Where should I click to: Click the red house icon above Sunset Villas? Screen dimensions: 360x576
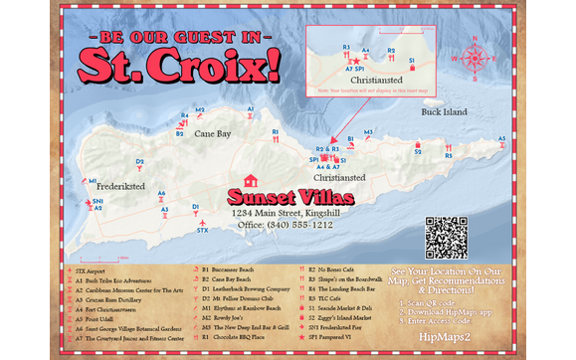tap(251, 181)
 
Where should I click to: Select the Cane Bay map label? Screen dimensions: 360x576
tap(212, 132)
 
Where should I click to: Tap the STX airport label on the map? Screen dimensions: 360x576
tap(202, 231)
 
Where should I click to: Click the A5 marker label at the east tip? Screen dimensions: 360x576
tap(501, 139)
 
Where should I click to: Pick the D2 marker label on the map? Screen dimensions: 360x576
tap(140, 161)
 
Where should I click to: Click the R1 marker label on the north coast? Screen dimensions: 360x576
tap(276, 130)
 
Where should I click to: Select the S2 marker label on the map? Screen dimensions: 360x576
tap(418, 152)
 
